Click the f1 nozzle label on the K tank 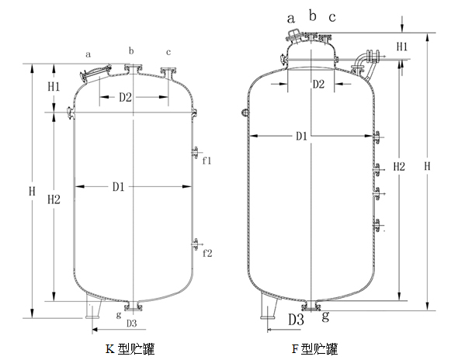206,161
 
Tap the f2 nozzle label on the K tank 207,254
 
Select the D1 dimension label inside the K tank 118,187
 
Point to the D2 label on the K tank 125,97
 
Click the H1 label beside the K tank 54,87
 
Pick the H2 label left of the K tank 54,199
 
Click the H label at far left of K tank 32,192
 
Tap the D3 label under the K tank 132,324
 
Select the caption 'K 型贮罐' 130,348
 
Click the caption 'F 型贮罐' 314,348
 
